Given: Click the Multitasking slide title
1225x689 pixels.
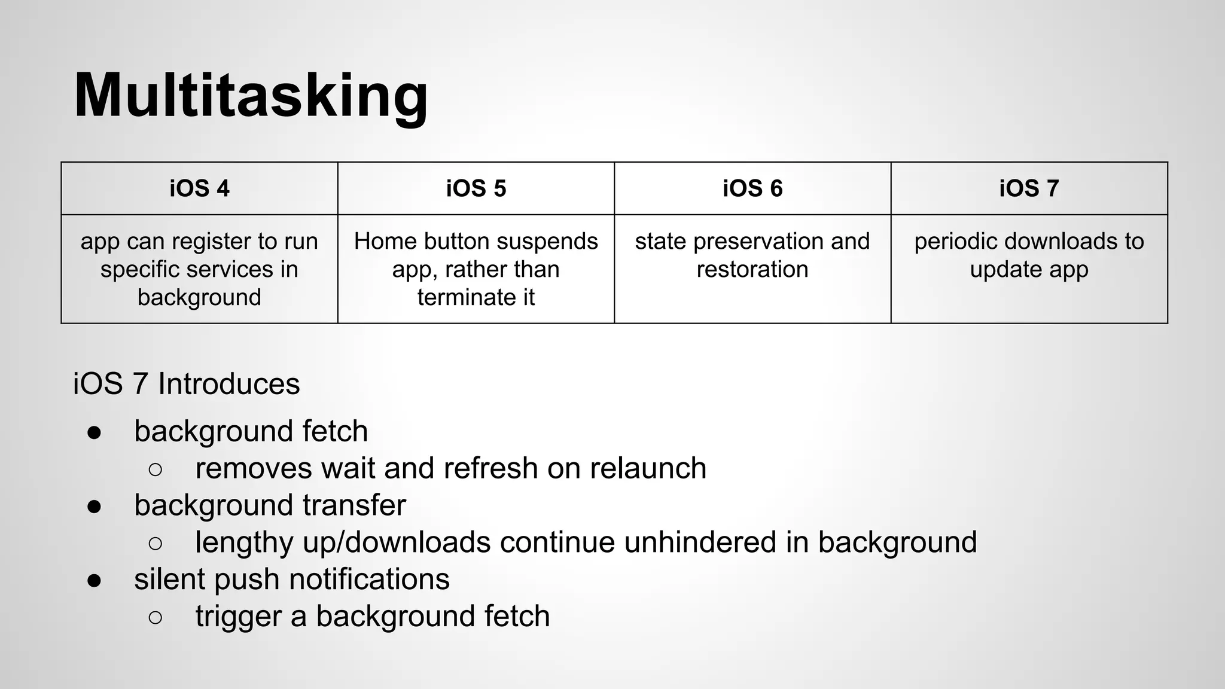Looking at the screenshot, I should [251, 96].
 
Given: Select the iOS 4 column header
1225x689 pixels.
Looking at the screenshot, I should [199, 188].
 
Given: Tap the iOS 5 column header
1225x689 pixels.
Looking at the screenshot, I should [476, 188].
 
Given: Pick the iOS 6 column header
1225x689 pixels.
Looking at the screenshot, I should [752, 188].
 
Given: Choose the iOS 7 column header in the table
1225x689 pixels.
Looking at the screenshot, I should [1029, 188].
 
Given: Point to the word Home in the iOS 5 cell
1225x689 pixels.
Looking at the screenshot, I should [380, 241].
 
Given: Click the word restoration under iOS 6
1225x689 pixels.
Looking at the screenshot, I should [752, 269].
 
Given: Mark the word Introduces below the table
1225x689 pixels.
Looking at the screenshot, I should [228, 384].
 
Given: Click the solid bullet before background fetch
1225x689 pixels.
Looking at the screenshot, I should [94, 432].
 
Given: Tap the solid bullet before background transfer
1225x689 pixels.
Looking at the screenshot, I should [94, 507].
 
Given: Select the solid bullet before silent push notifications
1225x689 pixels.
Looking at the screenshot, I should [94, 581].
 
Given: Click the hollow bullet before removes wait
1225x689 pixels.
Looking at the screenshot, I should [155, 470].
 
